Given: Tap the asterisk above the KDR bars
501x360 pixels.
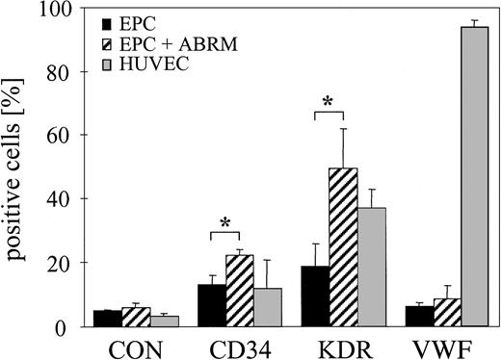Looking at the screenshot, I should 329,101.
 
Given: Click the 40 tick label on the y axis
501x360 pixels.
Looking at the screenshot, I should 62,199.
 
